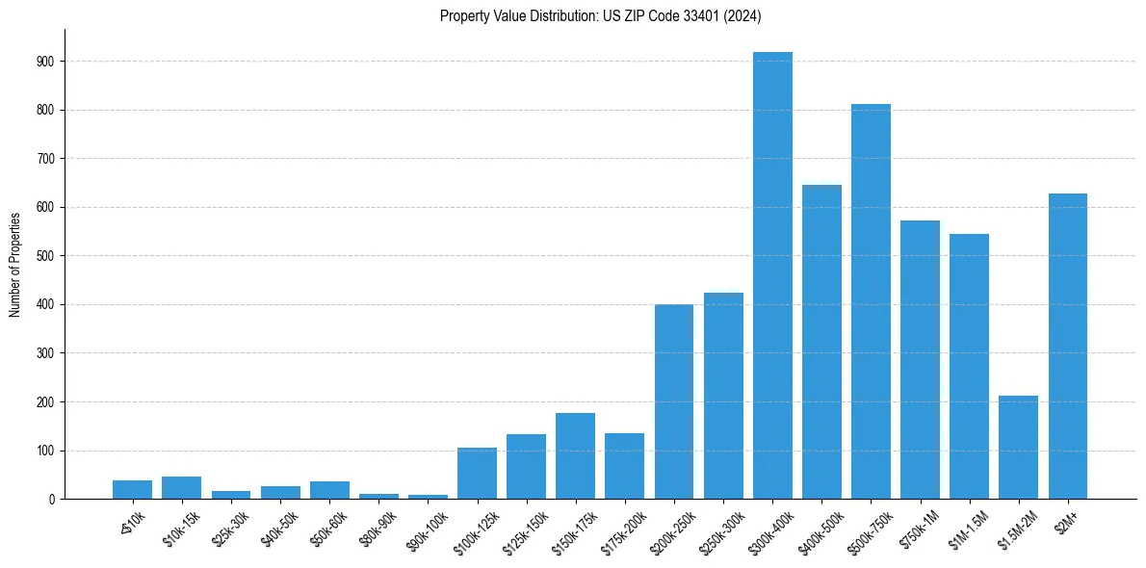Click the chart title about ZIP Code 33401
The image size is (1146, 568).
601,15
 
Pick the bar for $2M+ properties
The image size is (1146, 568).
1067,347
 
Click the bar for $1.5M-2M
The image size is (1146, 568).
1018,448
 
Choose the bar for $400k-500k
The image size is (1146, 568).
821,342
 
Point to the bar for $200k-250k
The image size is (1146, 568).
674,401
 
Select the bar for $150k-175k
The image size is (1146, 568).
576,456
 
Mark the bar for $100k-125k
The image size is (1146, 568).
477,474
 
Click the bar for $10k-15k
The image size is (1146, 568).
181,488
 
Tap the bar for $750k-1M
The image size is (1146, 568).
920,360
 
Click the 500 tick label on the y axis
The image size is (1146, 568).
47,256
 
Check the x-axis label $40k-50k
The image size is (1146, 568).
279,528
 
